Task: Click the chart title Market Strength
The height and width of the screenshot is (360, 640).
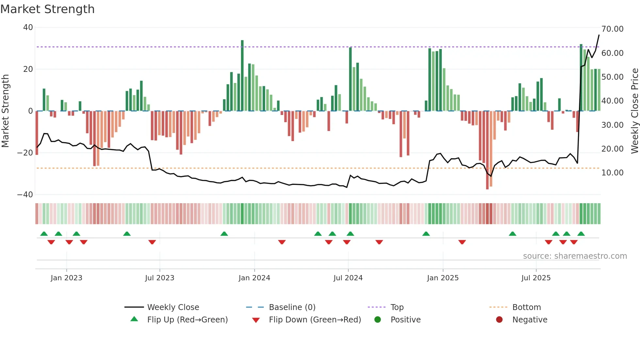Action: coord(47,9)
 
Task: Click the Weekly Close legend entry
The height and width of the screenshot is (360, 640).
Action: coord(173,307)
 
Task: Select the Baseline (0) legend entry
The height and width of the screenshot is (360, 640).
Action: coord(292,307)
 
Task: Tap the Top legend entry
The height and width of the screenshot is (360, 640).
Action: coord(397,307)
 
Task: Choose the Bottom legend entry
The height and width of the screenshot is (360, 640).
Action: coord(526,307)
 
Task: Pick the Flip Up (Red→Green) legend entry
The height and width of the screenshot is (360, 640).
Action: coord(187,319)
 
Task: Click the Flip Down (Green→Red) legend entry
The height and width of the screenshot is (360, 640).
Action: coord(315,319)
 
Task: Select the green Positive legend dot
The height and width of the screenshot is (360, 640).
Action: coord(378,319)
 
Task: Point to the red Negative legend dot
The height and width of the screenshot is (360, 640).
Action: coord(499,319)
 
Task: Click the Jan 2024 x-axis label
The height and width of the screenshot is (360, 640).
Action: coord(254,278)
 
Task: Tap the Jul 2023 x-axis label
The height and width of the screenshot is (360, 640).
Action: coord(160,278)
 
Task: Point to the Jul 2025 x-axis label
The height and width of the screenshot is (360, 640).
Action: coord(536,278)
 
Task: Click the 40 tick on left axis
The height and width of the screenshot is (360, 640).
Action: coord(28,27)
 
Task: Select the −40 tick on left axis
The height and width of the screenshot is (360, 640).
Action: coord(25,195)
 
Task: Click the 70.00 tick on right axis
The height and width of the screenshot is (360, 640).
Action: coord(612,29)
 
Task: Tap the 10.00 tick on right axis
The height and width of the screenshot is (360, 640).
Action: coord(612,173)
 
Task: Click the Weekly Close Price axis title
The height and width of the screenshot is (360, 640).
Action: coord(634,111)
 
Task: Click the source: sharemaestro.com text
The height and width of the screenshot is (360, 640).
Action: coord(575,256)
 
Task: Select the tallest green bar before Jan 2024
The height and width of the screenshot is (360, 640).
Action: coord(242,75)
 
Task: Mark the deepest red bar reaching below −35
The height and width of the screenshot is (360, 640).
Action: coord(487,150)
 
